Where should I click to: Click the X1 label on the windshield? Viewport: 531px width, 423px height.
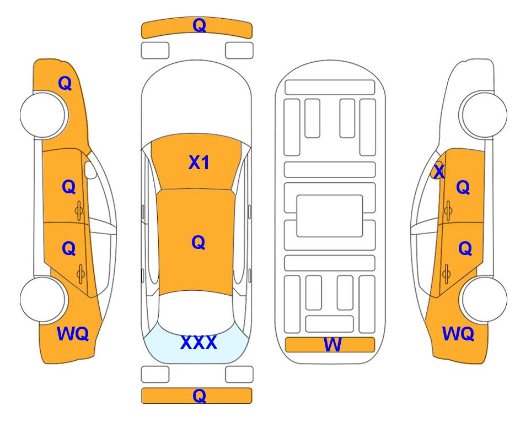pos(199,162)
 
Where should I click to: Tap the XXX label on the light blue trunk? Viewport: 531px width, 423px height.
pos(199,343)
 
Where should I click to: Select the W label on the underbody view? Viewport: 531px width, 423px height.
pos(332,345)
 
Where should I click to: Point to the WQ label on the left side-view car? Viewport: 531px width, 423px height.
pos(73,334)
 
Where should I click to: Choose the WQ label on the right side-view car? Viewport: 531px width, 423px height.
pos(458,334)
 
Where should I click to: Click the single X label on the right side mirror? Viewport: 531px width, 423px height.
pos(439,171)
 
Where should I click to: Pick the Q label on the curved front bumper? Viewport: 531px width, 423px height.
pos(199,25)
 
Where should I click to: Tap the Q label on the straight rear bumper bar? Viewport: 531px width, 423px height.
pos(199,395)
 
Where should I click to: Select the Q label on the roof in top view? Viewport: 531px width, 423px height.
pos(198,242)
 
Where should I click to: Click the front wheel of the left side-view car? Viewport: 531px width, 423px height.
pos(44,115)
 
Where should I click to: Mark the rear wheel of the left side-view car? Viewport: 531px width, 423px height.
pos(44,300)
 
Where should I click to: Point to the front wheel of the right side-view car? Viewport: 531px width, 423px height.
pos(483,115)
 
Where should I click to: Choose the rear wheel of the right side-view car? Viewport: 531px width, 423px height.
pos(483,300)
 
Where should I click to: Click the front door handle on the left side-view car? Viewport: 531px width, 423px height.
pos(79,210)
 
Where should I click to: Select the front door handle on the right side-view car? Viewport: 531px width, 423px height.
pos(448,210)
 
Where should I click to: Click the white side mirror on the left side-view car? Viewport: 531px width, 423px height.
pos(90,170)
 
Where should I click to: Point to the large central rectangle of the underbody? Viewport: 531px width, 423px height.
pos(330,216)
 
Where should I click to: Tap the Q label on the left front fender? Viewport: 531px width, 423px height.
pos(65,83)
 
